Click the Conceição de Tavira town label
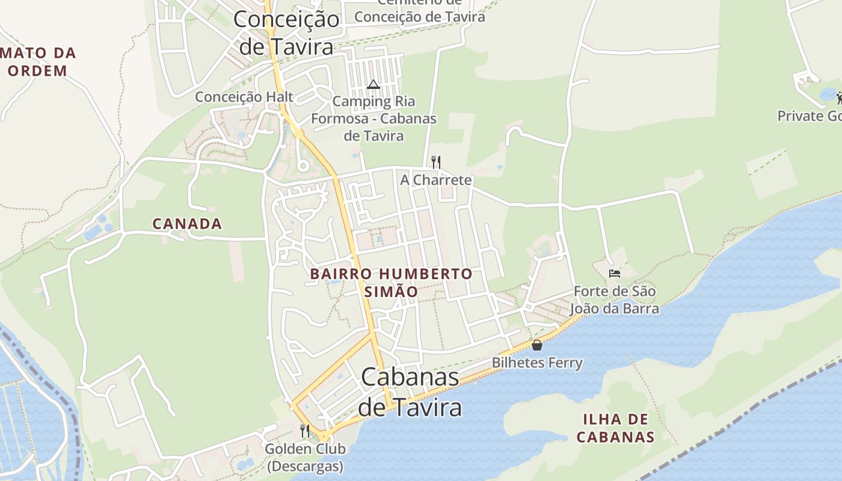tap(286, 32)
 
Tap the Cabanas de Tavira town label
tap(410, 392)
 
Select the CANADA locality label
tap(187, 224)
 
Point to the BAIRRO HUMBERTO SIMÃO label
tap(391, 283)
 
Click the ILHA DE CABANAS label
tap(615, 427)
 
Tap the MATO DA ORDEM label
tap(38, 61)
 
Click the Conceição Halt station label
tap(244, 97)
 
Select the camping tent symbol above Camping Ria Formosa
tap(373, 84)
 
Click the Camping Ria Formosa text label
tap(373, 118)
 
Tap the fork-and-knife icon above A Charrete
tap(436, 162)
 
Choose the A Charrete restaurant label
tap(436, 180)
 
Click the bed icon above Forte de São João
tap(614, 274)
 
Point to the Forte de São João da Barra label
tap(614, 299)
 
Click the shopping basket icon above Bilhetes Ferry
tap(537, 345)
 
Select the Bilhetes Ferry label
tap(537, 363)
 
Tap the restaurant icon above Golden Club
tap(305, 430)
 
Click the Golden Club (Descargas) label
tap(305, 458)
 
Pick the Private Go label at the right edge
tap(809, 115)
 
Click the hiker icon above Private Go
tap(838, 97)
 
